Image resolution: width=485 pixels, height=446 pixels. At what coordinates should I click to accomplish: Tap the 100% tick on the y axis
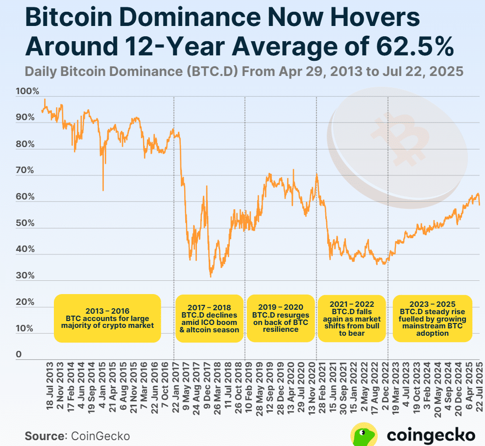(x=28, y=92)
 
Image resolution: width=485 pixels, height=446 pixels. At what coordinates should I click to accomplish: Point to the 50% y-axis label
(x=25, y=223)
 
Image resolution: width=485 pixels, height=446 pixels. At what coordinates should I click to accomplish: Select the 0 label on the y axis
(x=19, y=354)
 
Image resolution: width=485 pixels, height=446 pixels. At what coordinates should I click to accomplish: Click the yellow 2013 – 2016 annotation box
(x=107, y=318)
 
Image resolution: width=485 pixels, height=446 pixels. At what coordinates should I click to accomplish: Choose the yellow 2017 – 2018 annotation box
(x=209, y=318)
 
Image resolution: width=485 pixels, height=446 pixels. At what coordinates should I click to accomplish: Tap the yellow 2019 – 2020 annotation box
(x=281, y=318)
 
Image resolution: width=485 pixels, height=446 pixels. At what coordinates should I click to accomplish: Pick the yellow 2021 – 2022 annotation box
(x=352, y=318)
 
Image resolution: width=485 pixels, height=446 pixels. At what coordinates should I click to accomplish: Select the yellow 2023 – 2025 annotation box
(x=432, y=318)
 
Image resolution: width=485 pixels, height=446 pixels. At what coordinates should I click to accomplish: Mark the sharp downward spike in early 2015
(x=103, y=189)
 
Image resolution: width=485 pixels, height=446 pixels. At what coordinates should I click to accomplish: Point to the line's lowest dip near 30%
(x=211, y=276)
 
